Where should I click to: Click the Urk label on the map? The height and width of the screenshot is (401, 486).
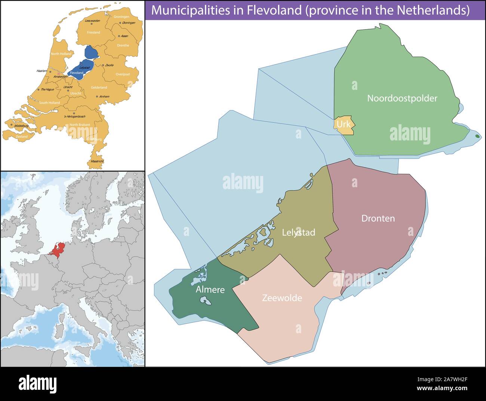pyautogui.click(x=343, y=123)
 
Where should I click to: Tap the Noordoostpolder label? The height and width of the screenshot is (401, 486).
pyautogui.click(x=402, y=98)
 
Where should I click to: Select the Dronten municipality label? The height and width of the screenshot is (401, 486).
pyautogui.click(x=378, y=218)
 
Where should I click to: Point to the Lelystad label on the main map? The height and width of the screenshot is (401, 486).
pyautogui.click(x=298, y=233)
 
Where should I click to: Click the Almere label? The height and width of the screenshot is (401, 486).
pyautogui.click(x=210, y=289)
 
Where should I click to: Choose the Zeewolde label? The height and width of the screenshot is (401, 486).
pyautogui.click(x=282, y=298)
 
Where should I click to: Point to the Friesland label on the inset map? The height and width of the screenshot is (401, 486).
pyautogui.click(x=93, y=33)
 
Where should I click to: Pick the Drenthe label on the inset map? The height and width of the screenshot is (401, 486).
pyautogui.click(x=123, y=46)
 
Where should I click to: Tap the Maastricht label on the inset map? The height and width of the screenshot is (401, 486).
pyautogui.click(x=97, y=161)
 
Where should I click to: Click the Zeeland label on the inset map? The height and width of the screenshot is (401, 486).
pyautogui.click(x=22, y=137)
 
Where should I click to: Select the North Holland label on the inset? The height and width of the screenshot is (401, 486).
pyautogui.click(x=61, y=54)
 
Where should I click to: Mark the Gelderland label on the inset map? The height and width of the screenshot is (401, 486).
pyautogui.click(x=99, y=88)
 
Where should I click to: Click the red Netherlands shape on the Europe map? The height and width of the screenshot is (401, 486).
pyautogui.click(x=58, y=250)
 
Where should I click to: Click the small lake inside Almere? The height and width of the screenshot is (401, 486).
pyautogui.click(x=204, y=300)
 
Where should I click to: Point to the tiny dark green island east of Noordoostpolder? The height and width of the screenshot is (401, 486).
pyautogui.click(x=477, y=136)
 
